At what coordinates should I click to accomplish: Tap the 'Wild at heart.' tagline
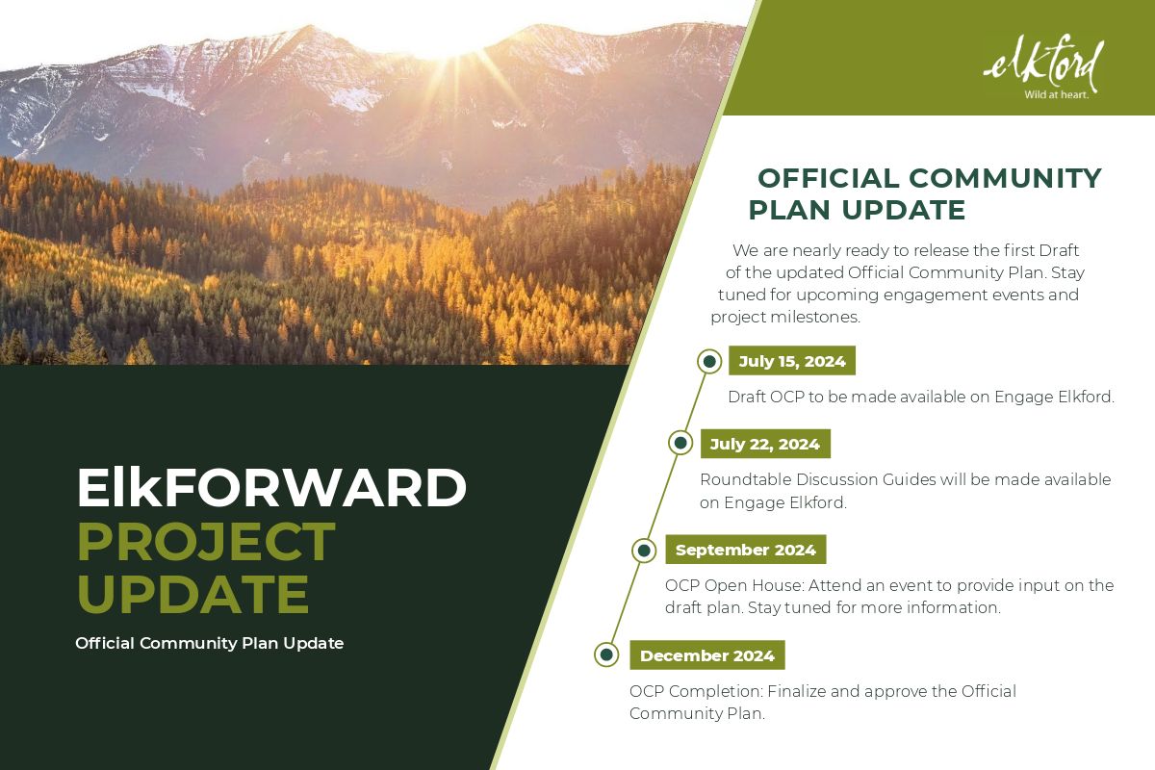(x=1056, y=95)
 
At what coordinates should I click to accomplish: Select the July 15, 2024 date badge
(x=792, y=361)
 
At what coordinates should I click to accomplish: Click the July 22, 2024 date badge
(x=765, y=444)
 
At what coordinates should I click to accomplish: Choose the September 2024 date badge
(x=746, y=550)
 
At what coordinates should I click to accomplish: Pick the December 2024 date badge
(x=707, y=655)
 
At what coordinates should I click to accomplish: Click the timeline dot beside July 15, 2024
(x=709, y=361)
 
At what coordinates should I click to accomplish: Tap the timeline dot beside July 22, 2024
(x=680, y=443)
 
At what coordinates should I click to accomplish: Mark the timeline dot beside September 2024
(x=644, y=551)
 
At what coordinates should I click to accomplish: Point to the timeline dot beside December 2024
(x=607, y=654)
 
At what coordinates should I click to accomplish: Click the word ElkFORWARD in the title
(x=271, y=487)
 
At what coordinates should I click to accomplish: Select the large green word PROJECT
(x=206, y=542)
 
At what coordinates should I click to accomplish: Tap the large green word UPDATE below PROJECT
(x=193, y=594)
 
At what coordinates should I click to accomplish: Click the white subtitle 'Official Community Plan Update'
(x=210, y=643)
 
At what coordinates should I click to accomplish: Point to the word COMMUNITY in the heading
(x=1005, y=178)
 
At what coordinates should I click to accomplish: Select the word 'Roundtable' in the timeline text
(x=746, y=479)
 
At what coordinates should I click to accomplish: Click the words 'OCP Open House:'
(x=734, y=585)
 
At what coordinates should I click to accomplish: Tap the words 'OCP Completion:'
(x=696, y=691)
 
